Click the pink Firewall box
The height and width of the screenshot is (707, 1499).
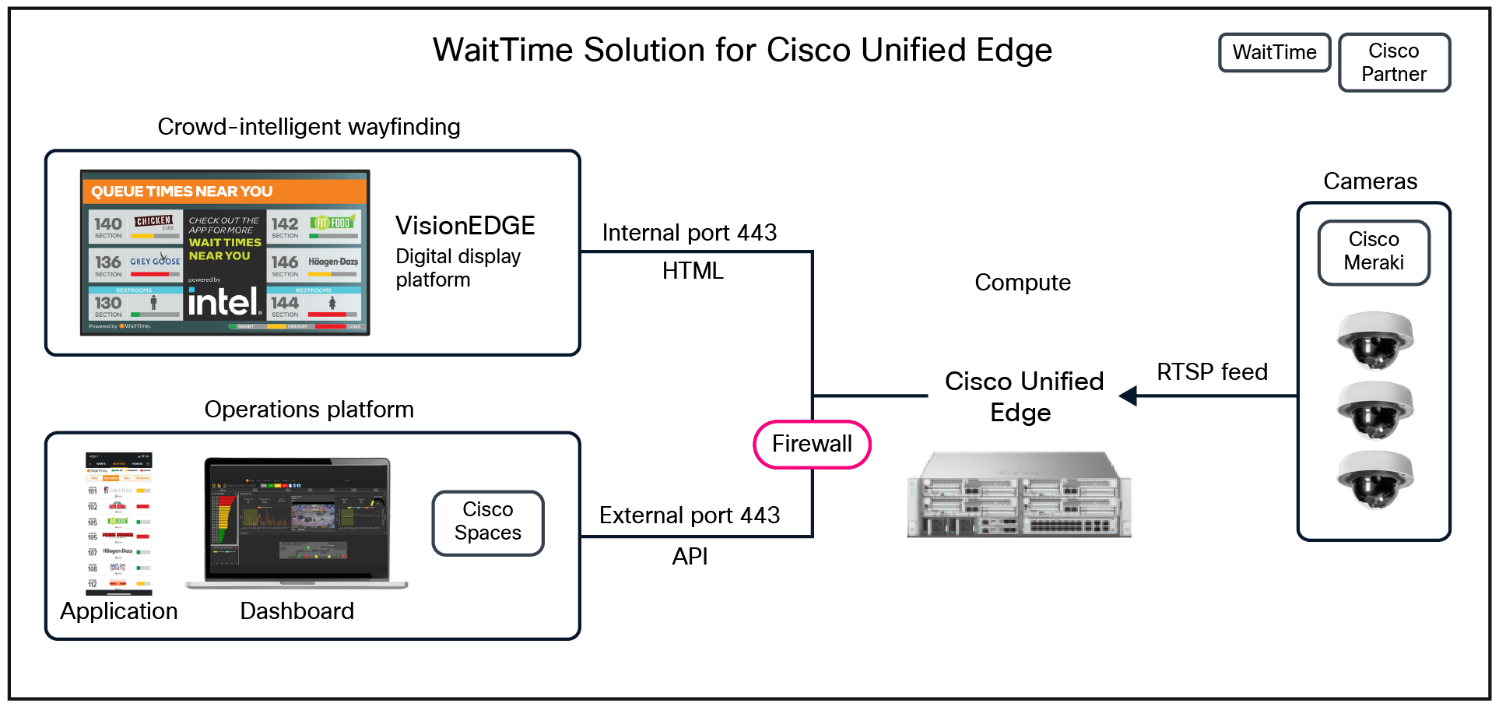click(x=812, y=445)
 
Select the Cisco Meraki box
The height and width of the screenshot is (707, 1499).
click(x=1374, y=252)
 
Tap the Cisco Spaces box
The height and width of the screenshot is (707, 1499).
click(x=488, y=522)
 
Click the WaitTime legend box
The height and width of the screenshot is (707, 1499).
click(x=1274, y=53)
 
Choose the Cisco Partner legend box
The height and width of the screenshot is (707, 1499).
click(x=1394, y=62)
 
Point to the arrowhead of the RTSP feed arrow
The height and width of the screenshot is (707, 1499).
click(x=1126, y=396)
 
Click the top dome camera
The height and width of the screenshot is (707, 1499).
click(x=1374, y=339)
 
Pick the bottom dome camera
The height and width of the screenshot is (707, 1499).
click(x=1374, y=478)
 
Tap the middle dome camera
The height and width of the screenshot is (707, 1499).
click(x=1374, y=409)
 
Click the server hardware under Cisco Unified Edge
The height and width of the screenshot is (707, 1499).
click(x=1020, y=495)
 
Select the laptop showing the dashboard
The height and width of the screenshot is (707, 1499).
click(x=297, y=522)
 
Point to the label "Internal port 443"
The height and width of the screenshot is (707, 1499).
click(x=690, y=233)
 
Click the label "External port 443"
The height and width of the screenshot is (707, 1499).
click(x=690, y=515)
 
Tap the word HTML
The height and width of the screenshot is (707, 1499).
click(x=693, y=271)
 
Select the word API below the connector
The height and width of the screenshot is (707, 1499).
click(x=690, y=556)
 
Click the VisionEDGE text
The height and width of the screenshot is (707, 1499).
click(x=465, y=226)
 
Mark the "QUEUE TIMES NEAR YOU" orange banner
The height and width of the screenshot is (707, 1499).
click(x=224, y=192)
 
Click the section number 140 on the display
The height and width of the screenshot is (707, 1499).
click(x=108, y=224)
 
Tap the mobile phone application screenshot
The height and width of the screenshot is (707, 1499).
click(x=119, y=523)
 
